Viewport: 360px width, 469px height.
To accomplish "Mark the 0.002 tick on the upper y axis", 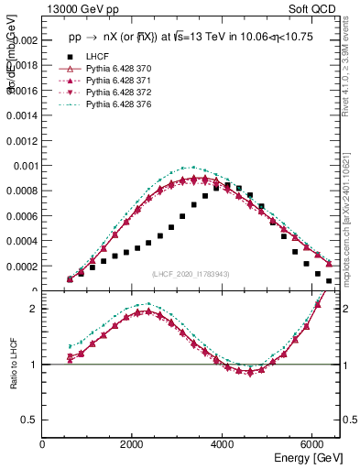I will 25,41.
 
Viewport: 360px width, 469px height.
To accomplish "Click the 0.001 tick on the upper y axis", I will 25,166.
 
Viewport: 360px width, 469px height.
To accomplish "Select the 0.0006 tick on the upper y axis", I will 23,216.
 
